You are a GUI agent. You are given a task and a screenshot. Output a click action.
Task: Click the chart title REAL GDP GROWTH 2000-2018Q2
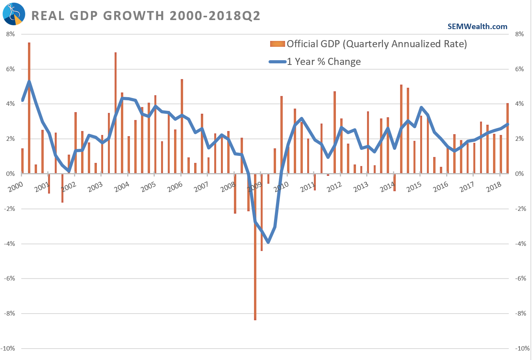pyautogui.click(x=146, y=16)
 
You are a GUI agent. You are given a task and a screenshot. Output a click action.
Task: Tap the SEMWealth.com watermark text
pyautogui.click(x=477, y=26)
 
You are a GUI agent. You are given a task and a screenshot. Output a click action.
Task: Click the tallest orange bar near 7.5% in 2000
pyautogui.click(x=29, y=106)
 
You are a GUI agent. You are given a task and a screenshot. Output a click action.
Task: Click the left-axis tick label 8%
pyautogui.click(x=11, y=34)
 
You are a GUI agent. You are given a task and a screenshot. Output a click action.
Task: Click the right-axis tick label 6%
pyautogui.click(x=519, y=69)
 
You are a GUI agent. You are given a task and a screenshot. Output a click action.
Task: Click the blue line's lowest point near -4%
pyautogui.click(x=268, y=242)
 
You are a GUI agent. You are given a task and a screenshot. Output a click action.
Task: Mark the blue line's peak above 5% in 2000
pyautogui.click(x=29, y=82)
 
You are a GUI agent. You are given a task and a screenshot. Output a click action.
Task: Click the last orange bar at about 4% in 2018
pyautogui.click(x=508, y=138)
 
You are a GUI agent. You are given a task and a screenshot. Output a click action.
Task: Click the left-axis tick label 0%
pyautogui.click(x=11, y=174)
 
